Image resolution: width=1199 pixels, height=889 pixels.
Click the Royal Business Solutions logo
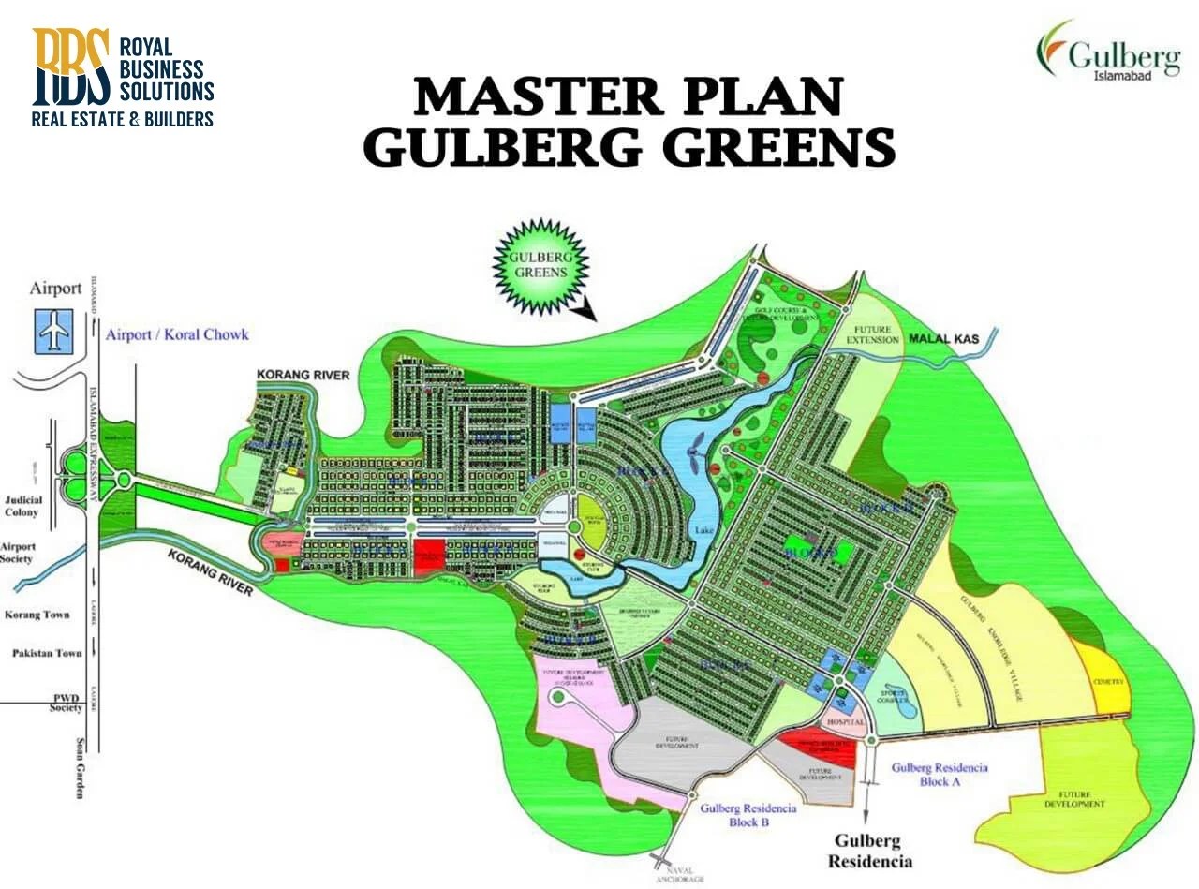click(x=123, y=78)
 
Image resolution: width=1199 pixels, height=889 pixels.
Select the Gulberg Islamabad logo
click(x=1107, y=52)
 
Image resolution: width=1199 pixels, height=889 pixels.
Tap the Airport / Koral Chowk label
click(x=177, y=334)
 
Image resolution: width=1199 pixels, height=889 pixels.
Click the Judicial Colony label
click(x=22, y=507)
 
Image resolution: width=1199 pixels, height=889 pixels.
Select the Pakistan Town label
click(x=47, y=653)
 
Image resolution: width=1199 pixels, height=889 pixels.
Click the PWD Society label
click(x=67, y=703)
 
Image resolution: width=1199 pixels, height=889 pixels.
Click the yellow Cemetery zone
click(x=1107, y=681)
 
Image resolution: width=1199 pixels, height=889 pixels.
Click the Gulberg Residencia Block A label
click(x=940, y=774)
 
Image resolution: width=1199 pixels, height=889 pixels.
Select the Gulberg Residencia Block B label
click(x=747, y=814)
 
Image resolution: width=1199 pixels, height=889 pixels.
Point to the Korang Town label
click(x=37, y=615)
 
